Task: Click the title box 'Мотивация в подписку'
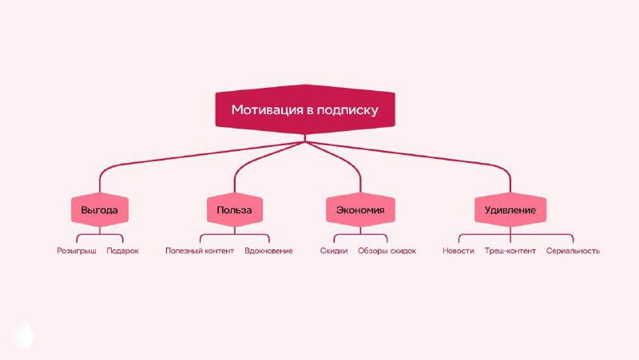pos(304,109)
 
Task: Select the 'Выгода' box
pos(100,210)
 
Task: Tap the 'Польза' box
pos(234,210)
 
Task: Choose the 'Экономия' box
pos(360,210)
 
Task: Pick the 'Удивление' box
pos(510,210)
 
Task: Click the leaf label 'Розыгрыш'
pos(77,251)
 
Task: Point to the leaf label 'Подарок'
pos(122,251)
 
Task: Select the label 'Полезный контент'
pos(200,251)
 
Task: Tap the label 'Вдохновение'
pos(268,251)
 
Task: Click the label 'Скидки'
pos(333,251)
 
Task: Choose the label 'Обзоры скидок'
pos(387,251)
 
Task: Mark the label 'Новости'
pos(458,251)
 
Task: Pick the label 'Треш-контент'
pos(510,251)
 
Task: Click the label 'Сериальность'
pos(573,251)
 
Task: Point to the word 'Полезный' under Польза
pos(183,251)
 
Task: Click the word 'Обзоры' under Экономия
pos(372,251)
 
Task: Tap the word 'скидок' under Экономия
pos(403,251)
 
